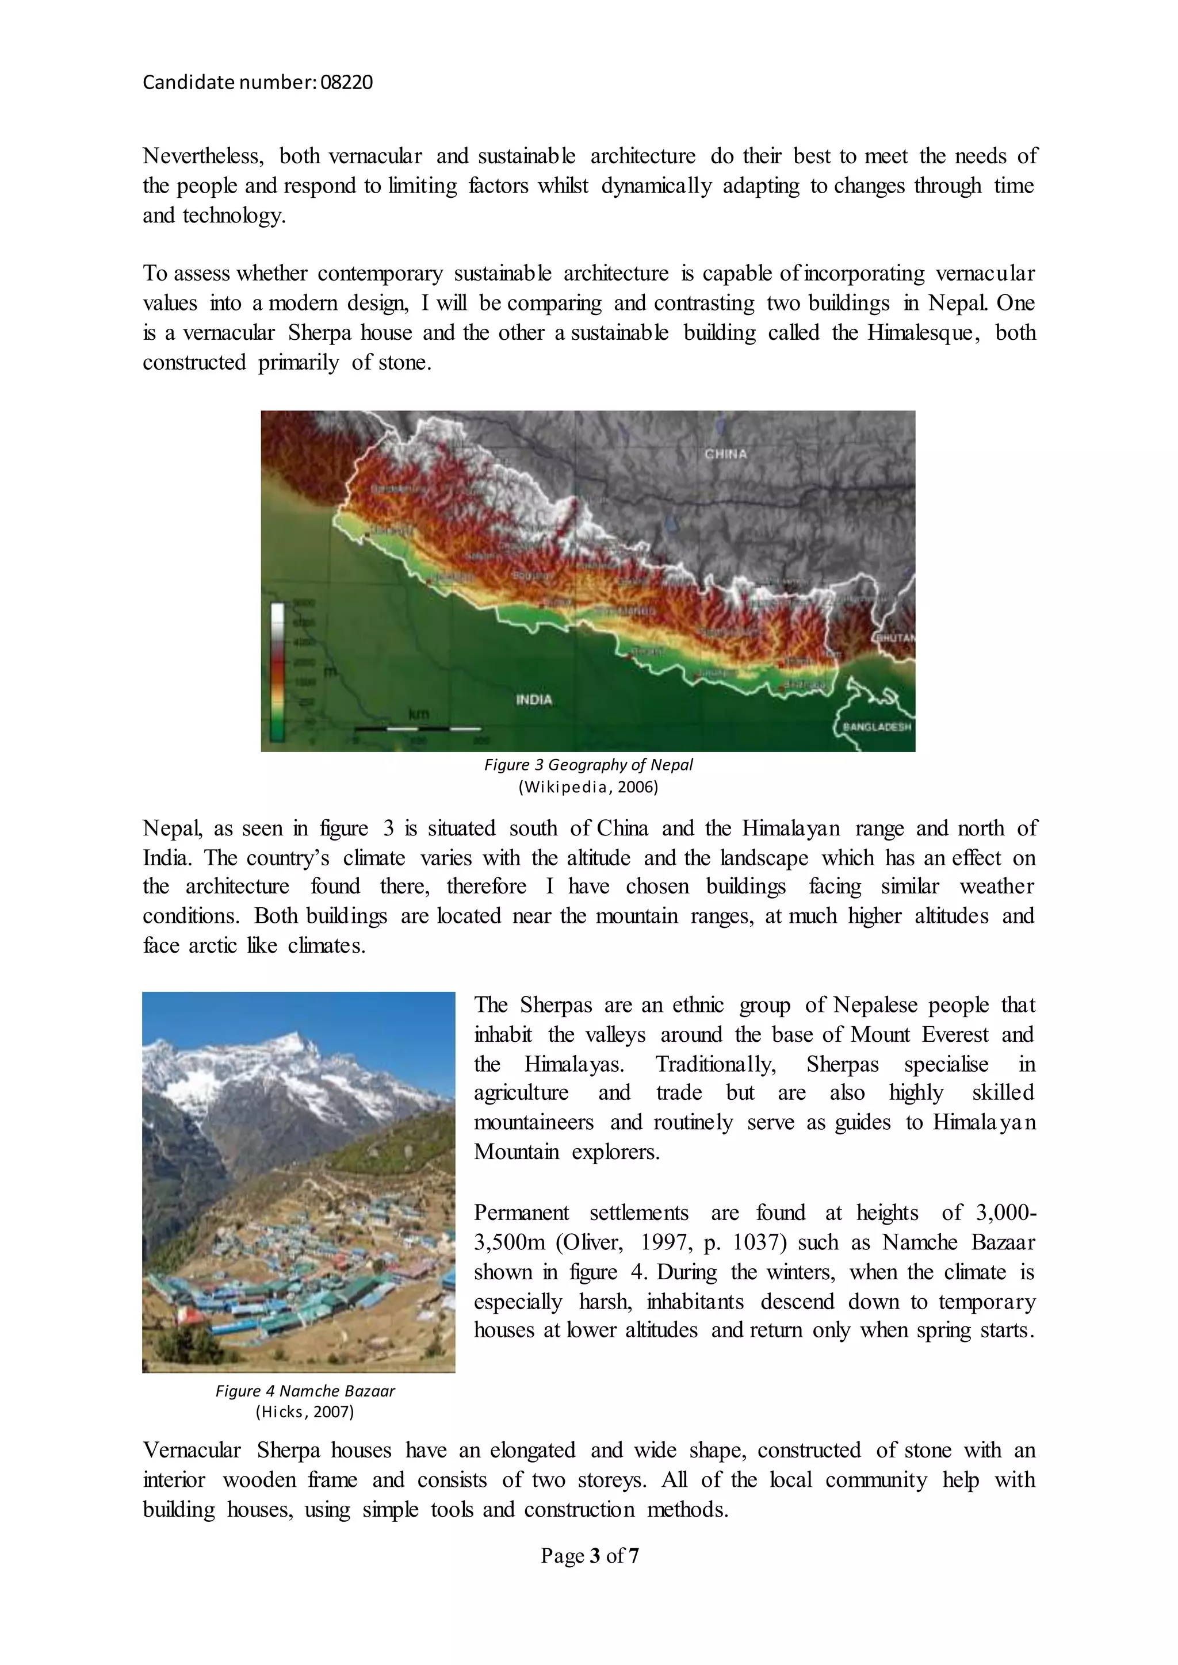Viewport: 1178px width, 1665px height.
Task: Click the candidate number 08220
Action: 346,83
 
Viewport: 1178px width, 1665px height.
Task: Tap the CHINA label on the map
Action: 725,454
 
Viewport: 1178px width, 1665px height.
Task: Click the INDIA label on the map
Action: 534,700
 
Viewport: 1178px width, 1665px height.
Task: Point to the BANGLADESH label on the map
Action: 876,727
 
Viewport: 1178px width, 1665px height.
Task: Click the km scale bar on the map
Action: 418,727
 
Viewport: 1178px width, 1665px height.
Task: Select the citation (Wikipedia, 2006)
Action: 588,788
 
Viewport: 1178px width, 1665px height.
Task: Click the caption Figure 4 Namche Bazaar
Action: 305,1391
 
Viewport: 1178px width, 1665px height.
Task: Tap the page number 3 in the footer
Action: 595,1556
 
